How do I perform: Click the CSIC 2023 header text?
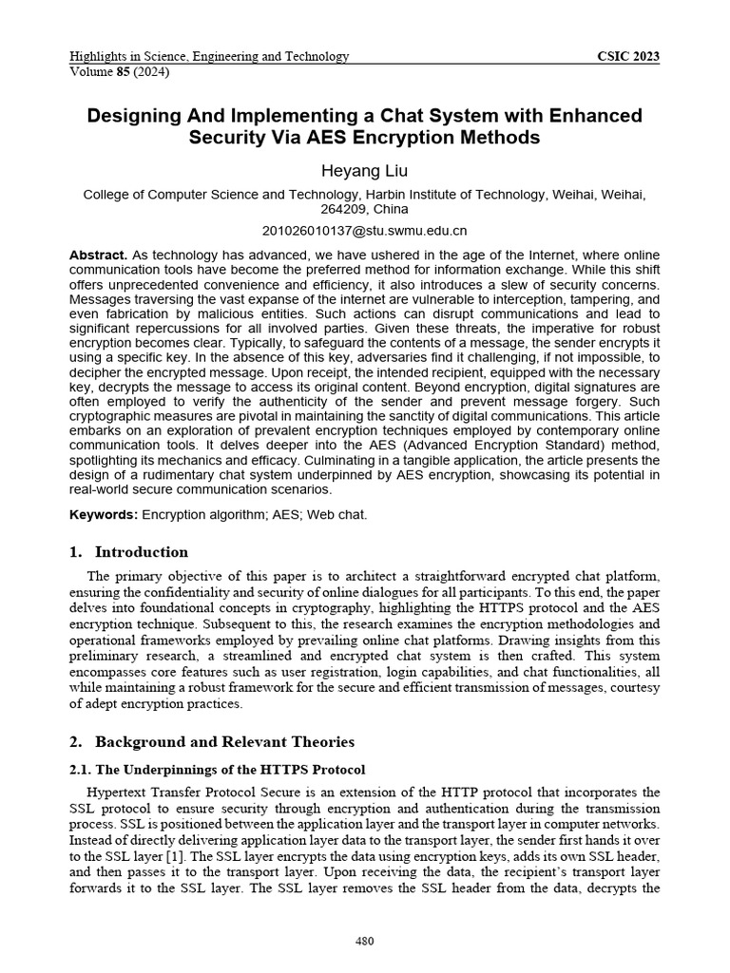[x=627, y=56]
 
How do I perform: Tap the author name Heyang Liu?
[x=365, y=171]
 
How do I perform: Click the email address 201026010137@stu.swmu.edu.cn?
[x=365, y=231]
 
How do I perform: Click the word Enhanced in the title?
[x=590, y=116]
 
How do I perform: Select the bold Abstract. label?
[x=98, y=256]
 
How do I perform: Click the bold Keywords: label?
[x=104, y=514]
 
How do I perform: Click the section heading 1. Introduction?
[x=128, y=552]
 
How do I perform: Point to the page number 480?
[x=365, y=942]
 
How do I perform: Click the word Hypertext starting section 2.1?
[x=119, y=792]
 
